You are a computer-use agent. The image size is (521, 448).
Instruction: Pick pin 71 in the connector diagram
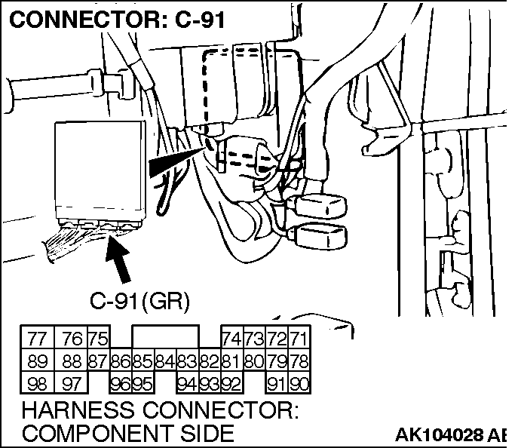click(299, 337)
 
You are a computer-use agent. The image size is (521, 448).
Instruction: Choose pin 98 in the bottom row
click(37, 383)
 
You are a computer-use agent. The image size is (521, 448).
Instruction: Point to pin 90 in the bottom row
click(299, 383)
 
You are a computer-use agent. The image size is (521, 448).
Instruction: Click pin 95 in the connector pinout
click(143, 383)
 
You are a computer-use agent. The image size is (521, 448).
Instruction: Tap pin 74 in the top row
click(231, 337)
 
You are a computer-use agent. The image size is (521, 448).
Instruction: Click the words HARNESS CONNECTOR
click(161, 412)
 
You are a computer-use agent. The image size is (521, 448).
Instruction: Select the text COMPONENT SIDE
click(128, 434)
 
